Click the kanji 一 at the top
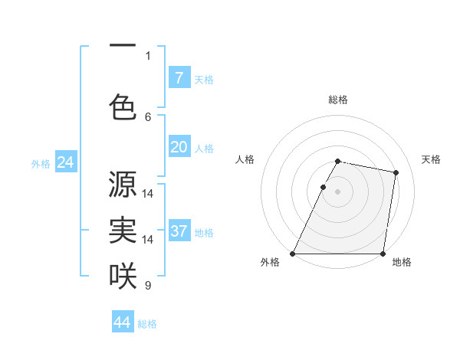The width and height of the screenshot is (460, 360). point(123,47)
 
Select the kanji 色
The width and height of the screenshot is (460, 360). point(123,106)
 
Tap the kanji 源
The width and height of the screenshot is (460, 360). point(123,184)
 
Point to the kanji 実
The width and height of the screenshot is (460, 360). point(123,231)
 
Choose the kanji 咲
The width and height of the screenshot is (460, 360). point(123,276)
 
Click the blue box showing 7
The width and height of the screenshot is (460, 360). point(179,77)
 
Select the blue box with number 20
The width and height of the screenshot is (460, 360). point(179,147)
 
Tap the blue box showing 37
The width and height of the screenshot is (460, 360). point(179,231)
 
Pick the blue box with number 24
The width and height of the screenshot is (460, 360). point(65,162)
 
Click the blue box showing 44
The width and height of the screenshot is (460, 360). point(123,322)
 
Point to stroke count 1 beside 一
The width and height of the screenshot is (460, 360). point(148,55)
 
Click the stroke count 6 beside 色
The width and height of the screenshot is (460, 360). point(148,116)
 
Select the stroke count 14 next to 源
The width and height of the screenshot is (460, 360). point(148,193)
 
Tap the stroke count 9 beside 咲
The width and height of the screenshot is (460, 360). point(148,286)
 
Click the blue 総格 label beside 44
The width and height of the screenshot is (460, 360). point(147,324)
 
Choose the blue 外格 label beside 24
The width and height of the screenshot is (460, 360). point(40,164)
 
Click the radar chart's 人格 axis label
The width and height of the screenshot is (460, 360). point(245,159)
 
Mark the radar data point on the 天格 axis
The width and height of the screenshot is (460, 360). point(396,173)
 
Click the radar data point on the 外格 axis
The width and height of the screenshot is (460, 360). point(293,254)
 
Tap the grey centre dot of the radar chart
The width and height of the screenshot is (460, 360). point(337,192)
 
